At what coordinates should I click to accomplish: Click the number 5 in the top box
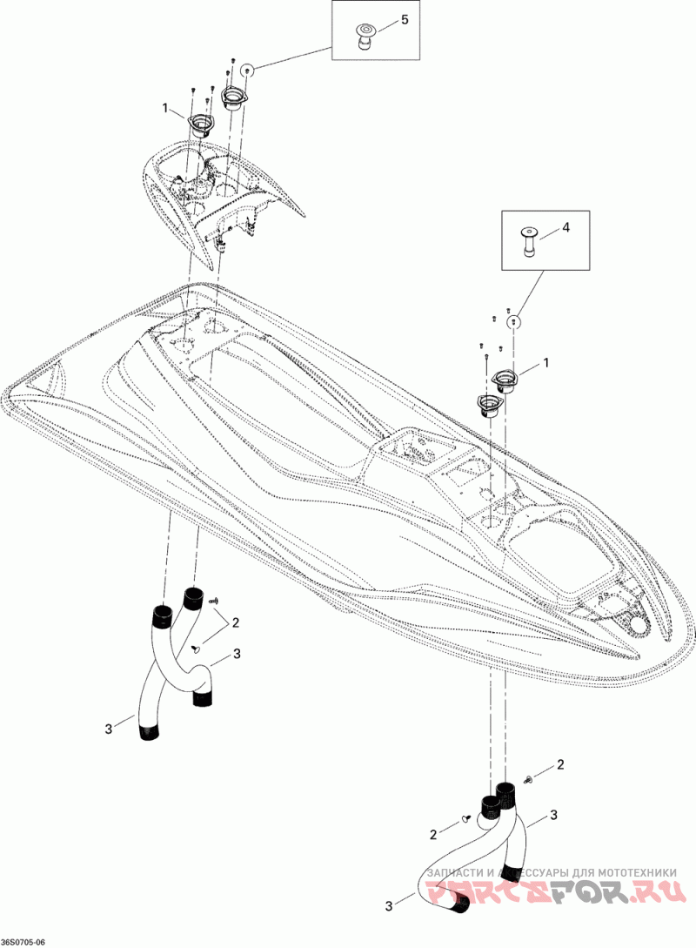pyautogui.click(x=405, y=19)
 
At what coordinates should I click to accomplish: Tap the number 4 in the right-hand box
pyautogui.click(x=565, y=227)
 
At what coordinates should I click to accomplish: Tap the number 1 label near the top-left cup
pyautogui.click(x=164, y=108)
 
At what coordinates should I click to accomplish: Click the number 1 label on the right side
pyautogui.click(x=546, y=362)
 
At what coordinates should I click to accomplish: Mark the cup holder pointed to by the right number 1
pyautogui.click(x=506, y=382)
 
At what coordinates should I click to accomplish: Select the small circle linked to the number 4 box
pyautogui.click(x=513, y=320)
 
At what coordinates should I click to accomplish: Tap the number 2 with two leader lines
pyautogui.click(x=235, y=622)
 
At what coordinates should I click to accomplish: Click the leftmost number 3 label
pyautogui.click(x=108, y=729)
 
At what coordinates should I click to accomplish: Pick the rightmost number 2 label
pyautogui.click(x=560, y=765)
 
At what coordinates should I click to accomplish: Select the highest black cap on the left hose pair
pyautogui.click(x=193, y=597)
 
